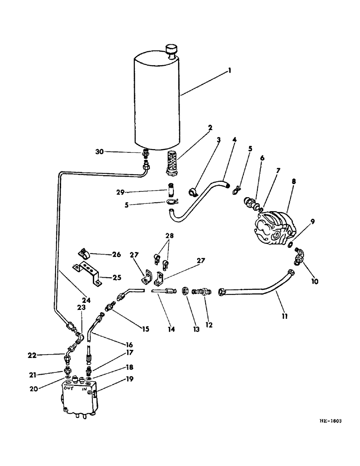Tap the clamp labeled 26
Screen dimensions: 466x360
coord(83,254)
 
